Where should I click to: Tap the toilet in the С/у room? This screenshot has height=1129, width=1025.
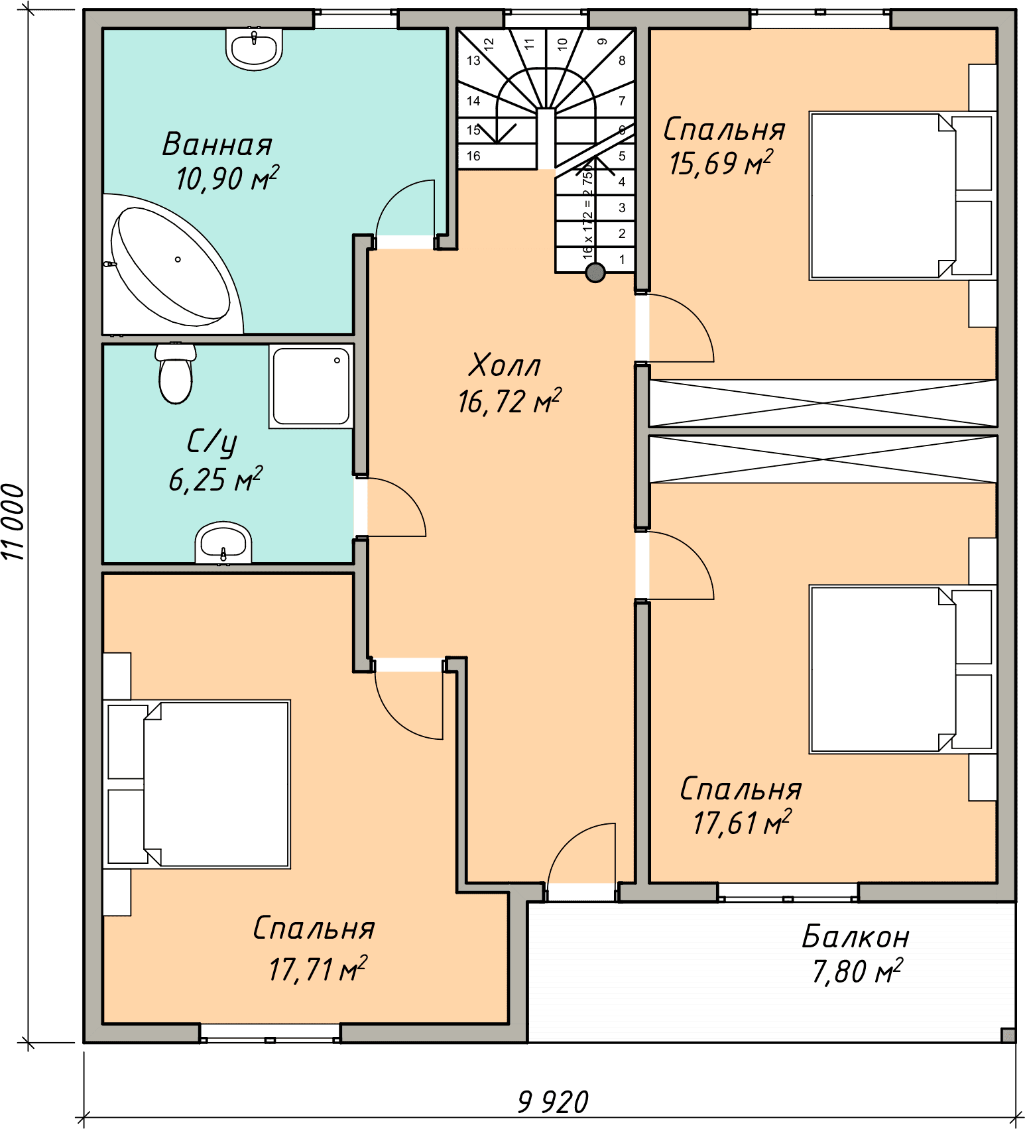coord(176,373)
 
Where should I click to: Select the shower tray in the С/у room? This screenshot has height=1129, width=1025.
coord(311,386)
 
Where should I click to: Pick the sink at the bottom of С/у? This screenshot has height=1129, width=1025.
coord(223,543)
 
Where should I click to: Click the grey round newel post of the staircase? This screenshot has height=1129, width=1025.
coord(595,272)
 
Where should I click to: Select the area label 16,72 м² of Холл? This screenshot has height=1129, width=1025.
coord(509,401)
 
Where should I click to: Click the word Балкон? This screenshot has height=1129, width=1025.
coord(855,937)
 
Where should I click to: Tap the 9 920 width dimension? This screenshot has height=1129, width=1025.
coord(553,1102)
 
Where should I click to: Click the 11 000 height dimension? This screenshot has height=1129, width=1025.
coord(13,522)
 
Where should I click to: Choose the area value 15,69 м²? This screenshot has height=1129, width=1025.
coord(721,163)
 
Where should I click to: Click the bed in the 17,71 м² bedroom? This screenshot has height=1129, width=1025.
coord(197,784)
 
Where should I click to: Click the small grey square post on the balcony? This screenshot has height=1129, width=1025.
coord(1008,1035)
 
